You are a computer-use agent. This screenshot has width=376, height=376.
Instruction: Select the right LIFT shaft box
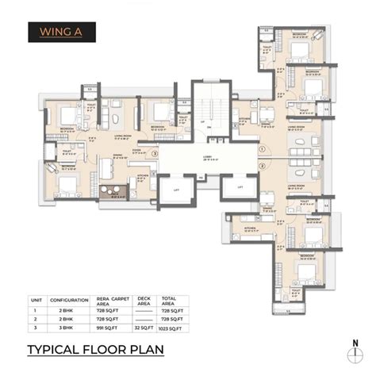tap(239, 187)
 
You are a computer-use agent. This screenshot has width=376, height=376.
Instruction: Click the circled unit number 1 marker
tap(263, 148)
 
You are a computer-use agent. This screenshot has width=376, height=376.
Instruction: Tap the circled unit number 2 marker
tap(263, 167)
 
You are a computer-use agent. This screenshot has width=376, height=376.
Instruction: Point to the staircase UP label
tap(204, 122)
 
